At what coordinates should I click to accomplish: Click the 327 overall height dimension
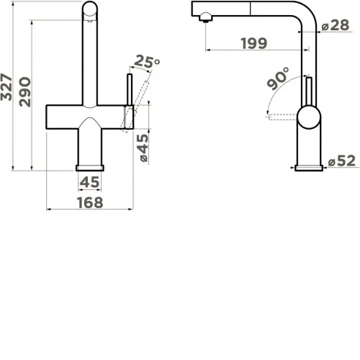click(6, 87)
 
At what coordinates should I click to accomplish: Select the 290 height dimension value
click(25, 91)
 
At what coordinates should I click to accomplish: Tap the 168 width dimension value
click(90, 202)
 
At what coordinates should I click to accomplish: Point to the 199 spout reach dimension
click(254, 43)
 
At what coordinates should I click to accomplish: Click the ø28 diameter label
click(336, 25)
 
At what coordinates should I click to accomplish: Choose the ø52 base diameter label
click(342, 161)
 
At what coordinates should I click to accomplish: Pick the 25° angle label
click(147, 62)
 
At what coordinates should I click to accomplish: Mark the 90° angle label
click(279, 78)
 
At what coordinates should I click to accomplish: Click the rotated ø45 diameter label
click(143, 148)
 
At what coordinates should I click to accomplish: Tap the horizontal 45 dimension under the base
click(89, 182)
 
